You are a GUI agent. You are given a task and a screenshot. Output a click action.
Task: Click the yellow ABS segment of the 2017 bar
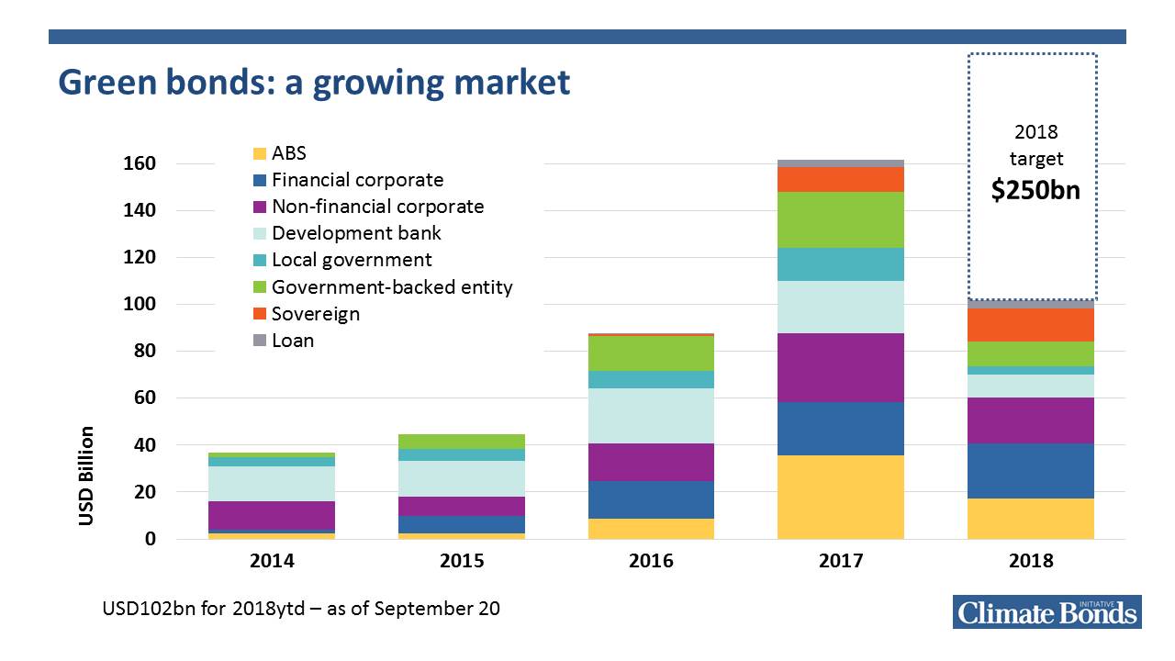point(840,497)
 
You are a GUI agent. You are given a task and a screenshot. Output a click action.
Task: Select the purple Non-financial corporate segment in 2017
point(840,367)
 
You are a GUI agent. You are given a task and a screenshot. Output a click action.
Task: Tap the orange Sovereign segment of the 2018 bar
point(1031,325)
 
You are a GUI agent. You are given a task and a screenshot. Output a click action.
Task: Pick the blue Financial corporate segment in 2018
point(1031,471)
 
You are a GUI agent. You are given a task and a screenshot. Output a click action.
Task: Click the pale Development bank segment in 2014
point(272,484)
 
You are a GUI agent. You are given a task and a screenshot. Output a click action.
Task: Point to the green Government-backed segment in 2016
point(651,353)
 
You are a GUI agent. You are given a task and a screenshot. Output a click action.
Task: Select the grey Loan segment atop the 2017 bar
point(840,163)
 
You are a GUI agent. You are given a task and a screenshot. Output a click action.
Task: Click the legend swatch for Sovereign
point(260,315)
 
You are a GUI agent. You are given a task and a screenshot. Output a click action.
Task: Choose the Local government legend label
point(352,260)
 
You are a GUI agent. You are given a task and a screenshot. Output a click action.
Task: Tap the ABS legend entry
point(289,153)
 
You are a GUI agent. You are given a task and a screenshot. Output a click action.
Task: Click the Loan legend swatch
point(260,342)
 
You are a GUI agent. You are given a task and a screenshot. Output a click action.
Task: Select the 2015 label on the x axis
point(462,561)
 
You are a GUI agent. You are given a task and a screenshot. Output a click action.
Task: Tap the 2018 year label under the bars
point(1031,561)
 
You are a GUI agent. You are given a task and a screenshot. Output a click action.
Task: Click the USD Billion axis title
point(86,476)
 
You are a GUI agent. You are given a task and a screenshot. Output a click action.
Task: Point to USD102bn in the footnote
point(147,609)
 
